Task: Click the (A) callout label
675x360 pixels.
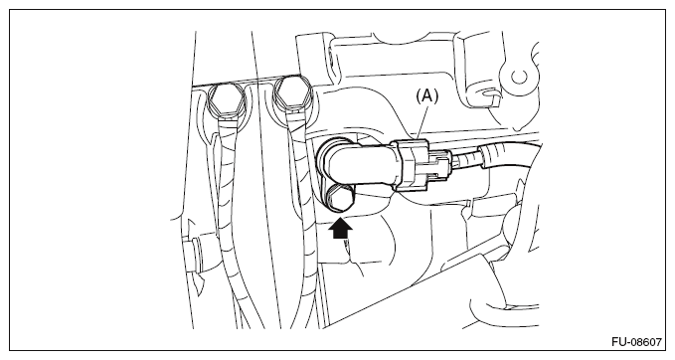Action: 426,96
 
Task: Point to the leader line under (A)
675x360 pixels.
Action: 422,122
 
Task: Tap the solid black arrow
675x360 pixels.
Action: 341,229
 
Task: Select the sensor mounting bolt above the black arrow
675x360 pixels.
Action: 338,197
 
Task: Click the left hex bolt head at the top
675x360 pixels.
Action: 227,98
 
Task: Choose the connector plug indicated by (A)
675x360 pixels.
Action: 421,164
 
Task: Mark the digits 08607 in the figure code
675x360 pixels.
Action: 646,342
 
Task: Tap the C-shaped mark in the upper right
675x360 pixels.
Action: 519,78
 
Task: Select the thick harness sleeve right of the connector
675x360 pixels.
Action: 508,156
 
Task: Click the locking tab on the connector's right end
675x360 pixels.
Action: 440,163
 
